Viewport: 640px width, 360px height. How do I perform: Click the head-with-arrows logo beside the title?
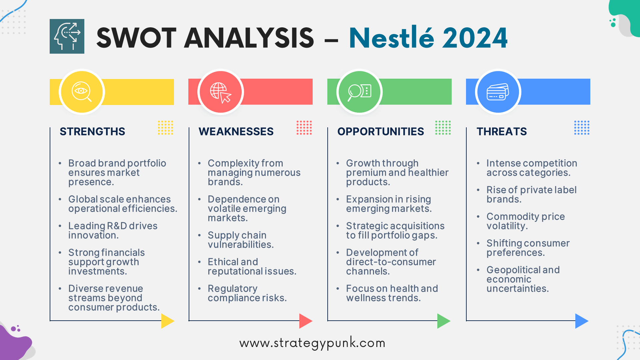pyautogui.click(x=67, y=36)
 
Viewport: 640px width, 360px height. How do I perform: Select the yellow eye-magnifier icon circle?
pyautogui.click(x=82, y=92)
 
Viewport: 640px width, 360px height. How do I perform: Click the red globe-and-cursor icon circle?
pyautogui.click(x=221, y=92)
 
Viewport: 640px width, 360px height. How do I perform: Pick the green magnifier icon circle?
pyautogui.click(x=359, y=92)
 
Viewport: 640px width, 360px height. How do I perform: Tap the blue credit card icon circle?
pyautogui.click(x=498, y=92)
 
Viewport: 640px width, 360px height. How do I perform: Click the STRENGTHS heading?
pyautogui.click(x=92, y=131)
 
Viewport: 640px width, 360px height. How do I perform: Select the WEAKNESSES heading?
pyautogui.click(x=236, y=131)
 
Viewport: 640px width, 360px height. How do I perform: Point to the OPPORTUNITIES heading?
pyautogui.click(x=381, y=131)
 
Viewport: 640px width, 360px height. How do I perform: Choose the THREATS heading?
pyautogui.click(x=502, y=131)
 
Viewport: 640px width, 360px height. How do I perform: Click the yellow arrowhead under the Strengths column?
pyautogui.click(x=168, y=321)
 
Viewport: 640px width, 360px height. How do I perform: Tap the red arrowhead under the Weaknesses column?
pyautogui.click(x=306, y=321)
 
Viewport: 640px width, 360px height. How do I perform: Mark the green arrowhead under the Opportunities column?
pyautogui.click(x=444, y=321)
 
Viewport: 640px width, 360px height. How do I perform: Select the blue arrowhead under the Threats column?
pyautogui.click(x=582, y=321)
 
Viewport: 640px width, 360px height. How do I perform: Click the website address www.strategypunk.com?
pyautogui.click(x=312, y=343)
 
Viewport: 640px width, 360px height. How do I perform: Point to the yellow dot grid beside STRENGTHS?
pyautogui.click(x=165, y=128)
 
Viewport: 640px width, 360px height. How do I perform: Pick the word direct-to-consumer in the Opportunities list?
pyautogui.click(x=391, y=262)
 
